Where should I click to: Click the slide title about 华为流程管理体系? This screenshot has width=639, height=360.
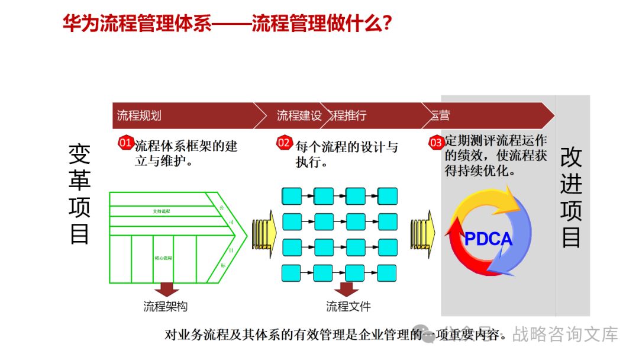(227, 24)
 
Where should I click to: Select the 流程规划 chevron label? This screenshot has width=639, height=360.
(139, 115)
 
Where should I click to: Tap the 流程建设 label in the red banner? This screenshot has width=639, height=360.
(299, 115)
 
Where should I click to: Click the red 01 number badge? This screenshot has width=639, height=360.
(125, 143)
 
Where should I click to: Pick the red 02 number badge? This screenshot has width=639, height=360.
(285, 143)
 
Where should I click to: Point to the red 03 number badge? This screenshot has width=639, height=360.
(436, 143)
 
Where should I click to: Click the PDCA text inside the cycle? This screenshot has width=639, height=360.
(488, 239)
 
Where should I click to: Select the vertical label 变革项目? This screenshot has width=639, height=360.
(80, 194)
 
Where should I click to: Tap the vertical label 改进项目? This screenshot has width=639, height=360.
(571, 197)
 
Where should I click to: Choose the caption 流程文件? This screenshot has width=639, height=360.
(348, 307)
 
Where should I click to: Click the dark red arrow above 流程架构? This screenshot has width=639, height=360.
(166, 289)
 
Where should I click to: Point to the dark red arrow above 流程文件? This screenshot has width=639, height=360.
(347, 289)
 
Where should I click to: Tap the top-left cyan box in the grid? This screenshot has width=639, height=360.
(292, 195)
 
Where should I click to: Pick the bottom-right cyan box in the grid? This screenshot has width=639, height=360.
(388, 272)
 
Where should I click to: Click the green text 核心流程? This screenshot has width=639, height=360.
(163, 258)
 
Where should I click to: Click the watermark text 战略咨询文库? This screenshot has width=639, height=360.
(565, 335)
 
